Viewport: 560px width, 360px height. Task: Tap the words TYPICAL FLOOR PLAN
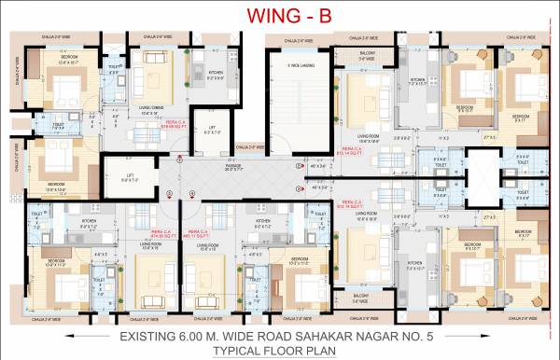point(280,351)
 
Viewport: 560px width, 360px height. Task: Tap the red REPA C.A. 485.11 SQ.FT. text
point(196,233)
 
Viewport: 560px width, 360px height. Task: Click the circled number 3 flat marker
point(298,164)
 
